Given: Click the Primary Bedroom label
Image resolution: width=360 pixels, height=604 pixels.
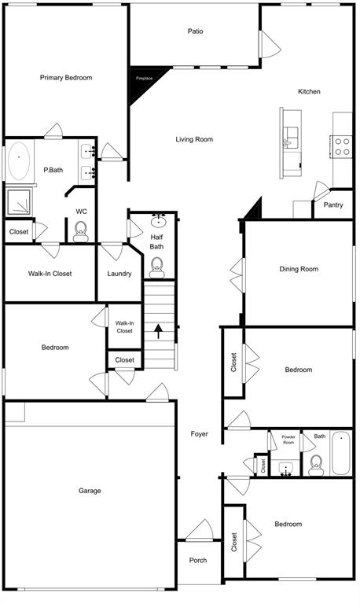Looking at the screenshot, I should tap(66, 78).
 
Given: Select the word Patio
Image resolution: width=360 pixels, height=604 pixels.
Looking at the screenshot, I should tap(195, 31).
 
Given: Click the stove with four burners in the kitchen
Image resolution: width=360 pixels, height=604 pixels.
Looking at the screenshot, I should tap(343, 146).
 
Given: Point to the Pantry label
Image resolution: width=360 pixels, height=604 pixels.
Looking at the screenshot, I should tap(333, 204).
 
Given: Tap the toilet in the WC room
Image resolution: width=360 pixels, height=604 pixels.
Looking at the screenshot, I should tap(80, 230).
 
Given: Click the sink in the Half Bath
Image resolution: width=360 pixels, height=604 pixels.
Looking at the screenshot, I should tap(157, 220).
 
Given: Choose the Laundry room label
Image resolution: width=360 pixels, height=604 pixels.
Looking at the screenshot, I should tap(119, 274).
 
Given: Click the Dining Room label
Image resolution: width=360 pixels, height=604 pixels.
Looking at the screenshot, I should tap(299, 269).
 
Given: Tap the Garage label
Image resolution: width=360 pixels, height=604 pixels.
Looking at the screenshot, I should tap(90, 491).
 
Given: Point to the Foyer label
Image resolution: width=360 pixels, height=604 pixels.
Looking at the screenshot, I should tap(200, 433).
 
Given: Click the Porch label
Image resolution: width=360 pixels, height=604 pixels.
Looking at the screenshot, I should tap(199, 561).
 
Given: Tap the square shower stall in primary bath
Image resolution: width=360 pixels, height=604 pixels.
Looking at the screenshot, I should tap(19, 202).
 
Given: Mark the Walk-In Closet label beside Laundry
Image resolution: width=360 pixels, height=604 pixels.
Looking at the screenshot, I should tap(50, 274).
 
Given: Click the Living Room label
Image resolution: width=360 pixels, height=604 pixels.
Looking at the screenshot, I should tap(194, 139).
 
